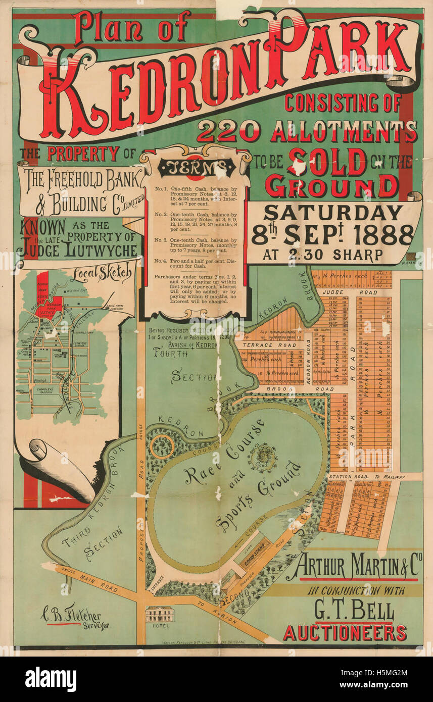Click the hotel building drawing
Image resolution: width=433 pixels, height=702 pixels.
(159, 614)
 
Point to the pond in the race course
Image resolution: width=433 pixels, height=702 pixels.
(263, 456)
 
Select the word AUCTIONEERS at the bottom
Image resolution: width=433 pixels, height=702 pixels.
(345, 632)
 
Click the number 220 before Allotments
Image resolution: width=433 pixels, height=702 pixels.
(228, 133)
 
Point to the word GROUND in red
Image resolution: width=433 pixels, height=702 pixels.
(332, 186)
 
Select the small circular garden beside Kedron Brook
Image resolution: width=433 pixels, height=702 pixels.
(162, 446)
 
